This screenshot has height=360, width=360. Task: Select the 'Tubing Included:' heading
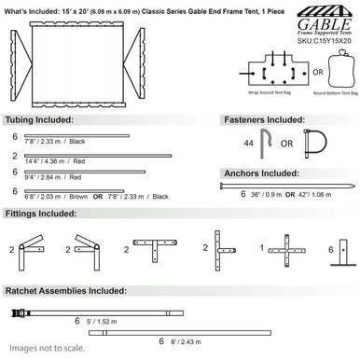(35, 121)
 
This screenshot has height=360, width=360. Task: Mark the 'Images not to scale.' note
(40, 350)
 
